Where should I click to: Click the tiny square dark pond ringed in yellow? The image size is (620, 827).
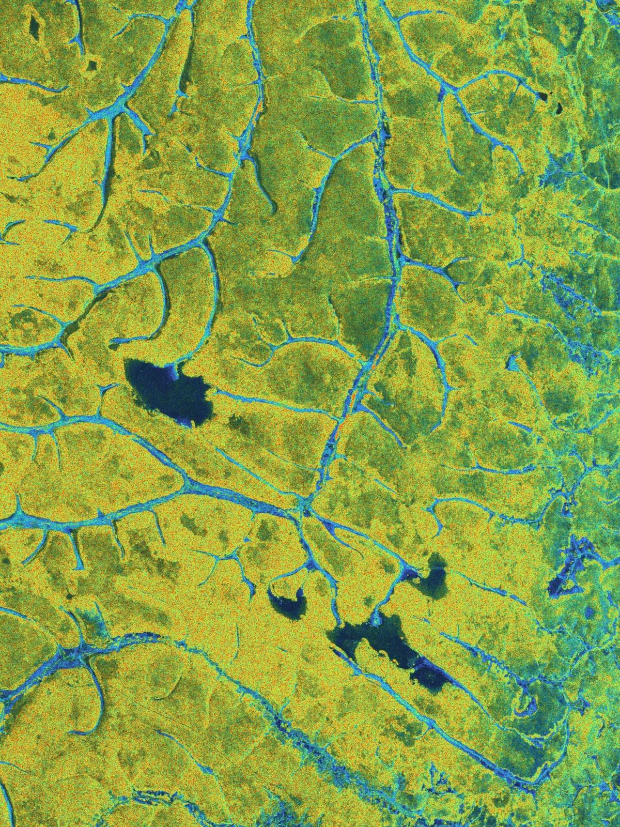point(93,65)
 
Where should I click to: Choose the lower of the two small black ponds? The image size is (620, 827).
point(559,108)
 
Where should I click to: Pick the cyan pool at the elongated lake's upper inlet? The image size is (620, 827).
point(376,618)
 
